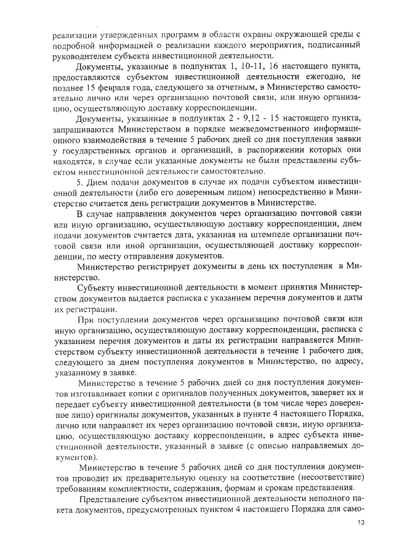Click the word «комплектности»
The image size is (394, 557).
(153, 489)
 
